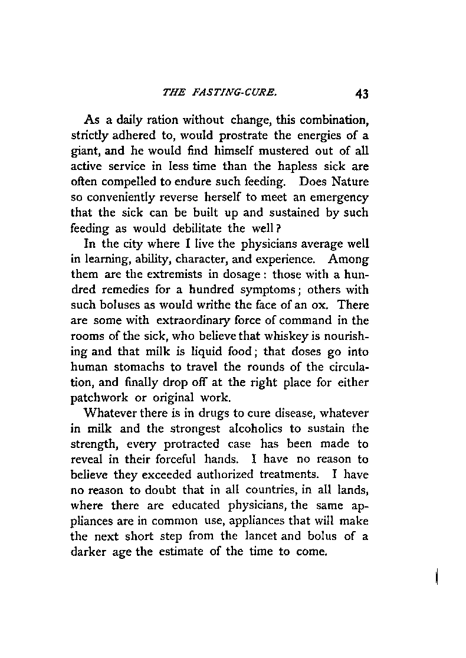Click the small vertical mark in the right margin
point(435,576)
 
